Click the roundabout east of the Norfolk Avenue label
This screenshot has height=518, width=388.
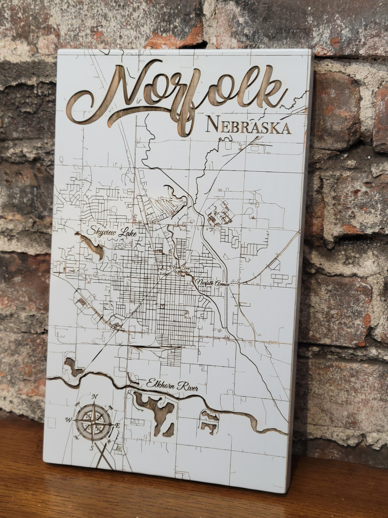pyautogui.click(x=239, y=283)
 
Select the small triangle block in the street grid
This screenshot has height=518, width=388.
pyautogui.click(x=163, y=306)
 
